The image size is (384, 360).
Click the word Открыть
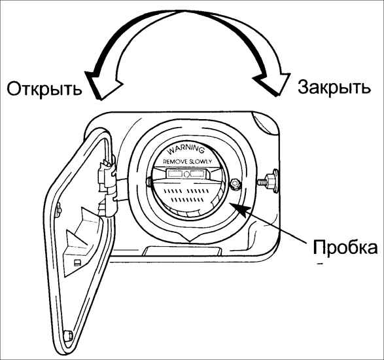[44, 89]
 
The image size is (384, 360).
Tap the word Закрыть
[334, 88]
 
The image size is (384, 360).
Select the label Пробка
[345, 247]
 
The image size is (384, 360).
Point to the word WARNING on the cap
[186, 149]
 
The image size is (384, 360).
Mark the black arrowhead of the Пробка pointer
[241, 210]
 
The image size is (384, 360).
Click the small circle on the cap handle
[186, 174]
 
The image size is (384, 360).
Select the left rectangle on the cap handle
[175, 173]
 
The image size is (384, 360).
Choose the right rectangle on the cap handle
[198, 173]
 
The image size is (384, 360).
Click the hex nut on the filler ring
[234, 183]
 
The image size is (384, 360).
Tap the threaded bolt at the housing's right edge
[268, 181]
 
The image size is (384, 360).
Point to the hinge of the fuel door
[107, 187]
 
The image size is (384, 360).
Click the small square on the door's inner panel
[77, 262]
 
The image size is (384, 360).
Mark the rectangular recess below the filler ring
[183, 251]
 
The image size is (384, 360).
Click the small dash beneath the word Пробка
[319, 264]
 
